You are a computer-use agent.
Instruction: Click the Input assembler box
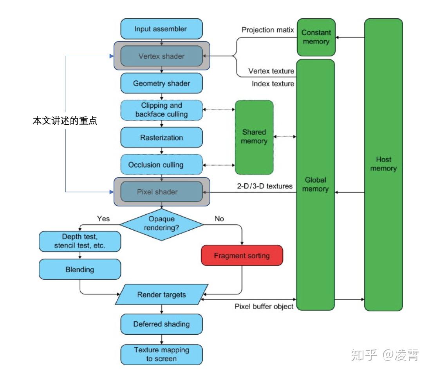(161, 29)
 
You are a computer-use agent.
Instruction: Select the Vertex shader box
(161, 56)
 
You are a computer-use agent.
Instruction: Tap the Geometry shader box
(161, 83)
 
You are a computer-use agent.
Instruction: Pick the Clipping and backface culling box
(161, 110)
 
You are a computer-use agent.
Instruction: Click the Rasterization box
(161, 138)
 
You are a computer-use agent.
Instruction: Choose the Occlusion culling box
(161, 165)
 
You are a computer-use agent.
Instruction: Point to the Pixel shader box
(161, 192)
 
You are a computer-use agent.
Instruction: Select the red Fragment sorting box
(242, 256)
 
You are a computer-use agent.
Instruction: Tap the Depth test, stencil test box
(80, 241)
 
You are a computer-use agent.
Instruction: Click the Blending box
(80, 269)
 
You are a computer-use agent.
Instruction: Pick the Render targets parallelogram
(161, 295)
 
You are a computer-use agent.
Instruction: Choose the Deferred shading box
(161, 324)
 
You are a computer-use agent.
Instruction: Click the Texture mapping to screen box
(161, 354)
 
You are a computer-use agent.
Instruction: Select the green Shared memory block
(254, 137)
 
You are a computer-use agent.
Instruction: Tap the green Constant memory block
(316, 37)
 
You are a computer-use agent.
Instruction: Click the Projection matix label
(267, 30)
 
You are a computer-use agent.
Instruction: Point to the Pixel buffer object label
(264, 307)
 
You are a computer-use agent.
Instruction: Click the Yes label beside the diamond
(103, 219)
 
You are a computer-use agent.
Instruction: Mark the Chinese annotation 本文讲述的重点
(65, 121)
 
